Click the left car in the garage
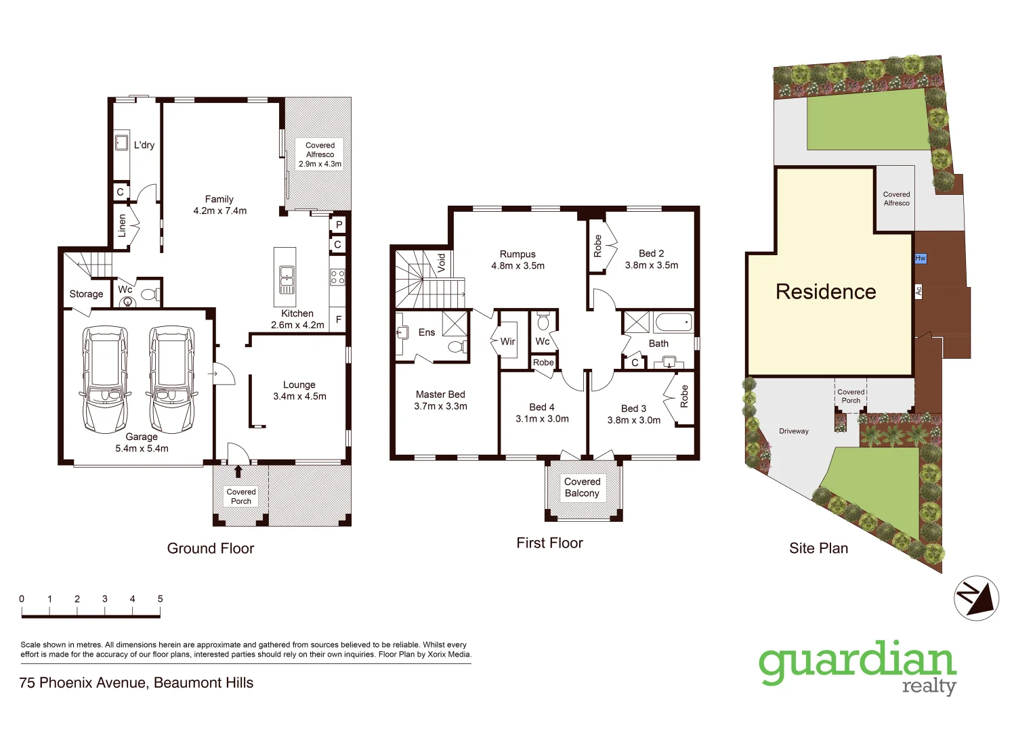pos(105,379)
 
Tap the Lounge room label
pos(299,385)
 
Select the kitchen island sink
pos(286,275)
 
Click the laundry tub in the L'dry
pos(121,143)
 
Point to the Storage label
pos(86,294)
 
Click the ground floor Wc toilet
pos(149,294)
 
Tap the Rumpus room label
pos(517,254)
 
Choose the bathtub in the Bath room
pos(673,322)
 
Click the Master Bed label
pos(440,395)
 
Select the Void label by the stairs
pos(442,261)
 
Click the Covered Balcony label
pos(583,487)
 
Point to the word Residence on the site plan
pos(826,292)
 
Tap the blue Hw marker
pos(920,258)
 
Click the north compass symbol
pos(976,598)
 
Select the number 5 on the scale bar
pos(161,599)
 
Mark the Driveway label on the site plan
pos(794,431)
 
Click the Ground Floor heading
pos(211,548)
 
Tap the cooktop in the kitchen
pos(337,277)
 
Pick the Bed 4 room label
pos(542,407)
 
